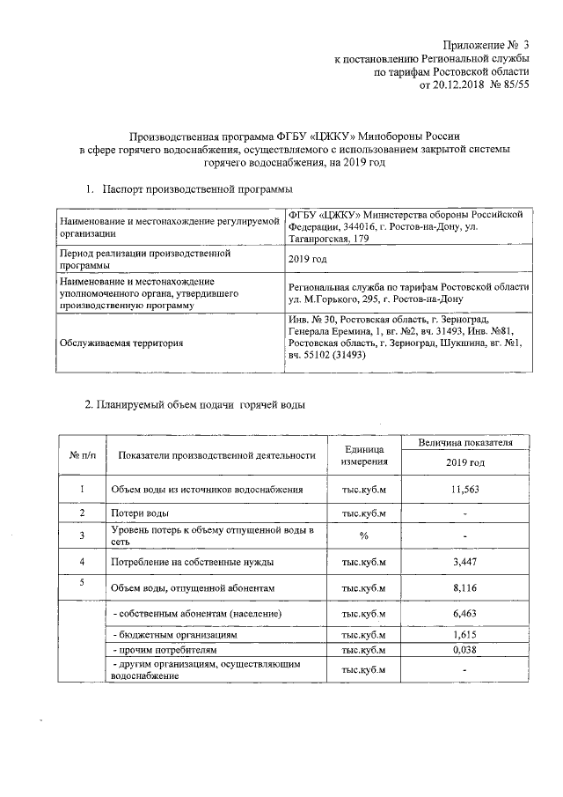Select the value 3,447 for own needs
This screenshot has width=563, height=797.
[464, 561]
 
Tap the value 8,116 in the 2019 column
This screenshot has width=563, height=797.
[464, 587]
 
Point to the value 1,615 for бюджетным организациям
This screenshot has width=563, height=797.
[464, 634]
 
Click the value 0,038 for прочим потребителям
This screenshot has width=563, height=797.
[464, 650]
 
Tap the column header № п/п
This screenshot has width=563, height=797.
[82, 455]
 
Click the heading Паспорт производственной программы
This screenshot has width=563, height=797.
[197, 189]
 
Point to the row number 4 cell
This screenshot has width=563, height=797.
[82, 561]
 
